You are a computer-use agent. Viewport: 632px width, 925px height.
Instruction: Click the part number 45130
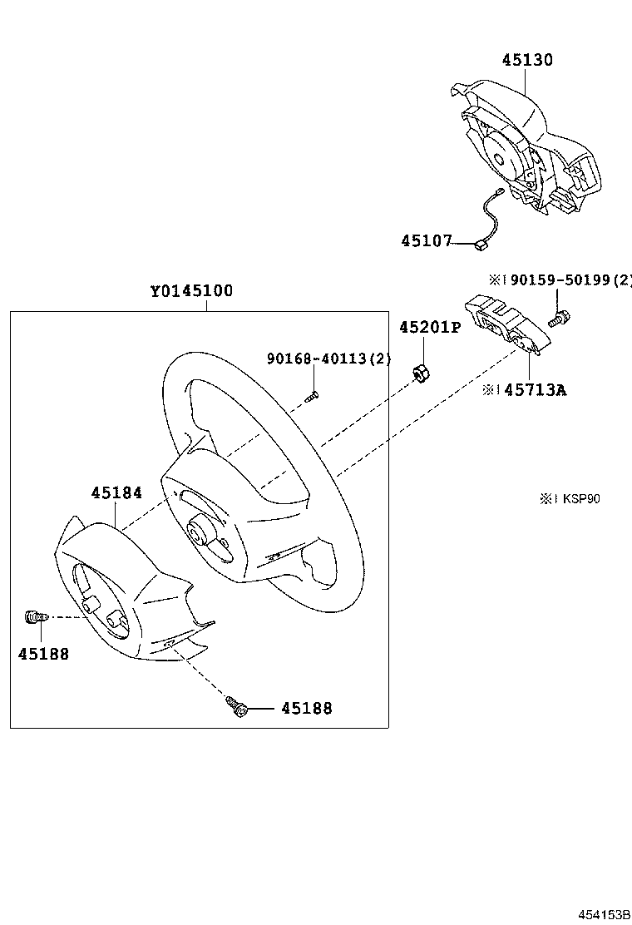[x=527, y=60]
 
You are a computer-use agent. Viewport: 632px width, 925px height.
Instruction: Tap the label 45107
[x=426, y=241]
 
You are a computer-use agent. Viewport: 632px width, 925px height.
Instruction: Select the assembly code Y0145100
[x=191, y=291]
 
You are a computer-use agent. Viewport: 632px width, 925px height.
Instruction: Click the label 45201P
[x=429, y=327]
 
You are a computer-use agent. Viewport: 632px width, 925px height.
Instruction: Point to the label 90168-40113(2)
[x=328, y=359]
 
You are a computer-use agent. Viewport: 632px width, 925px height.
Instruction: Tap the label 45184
[x=116, y=492]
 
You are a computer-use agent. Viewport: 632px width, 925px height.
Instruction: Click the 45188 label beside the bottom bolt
[x=306, y=709]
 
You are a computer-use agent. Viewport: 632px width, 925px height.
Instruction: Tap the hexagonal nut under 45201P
[x=421, y=373]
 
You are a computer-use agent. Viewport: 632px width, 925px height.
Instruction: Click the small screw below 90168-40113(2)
[x=312, y=397]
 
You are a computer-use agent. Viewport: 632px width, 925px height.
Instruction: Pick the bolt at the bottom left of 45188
[x=236, y=708]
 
